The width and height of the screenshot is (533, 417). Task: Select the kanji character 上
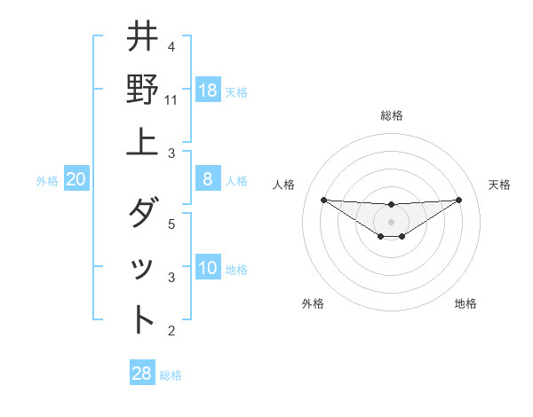(143, 142)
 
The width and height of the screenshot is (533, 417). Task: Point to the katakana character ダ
(143, 213)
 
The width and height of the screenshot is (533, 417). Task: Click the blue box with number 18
(208, 90)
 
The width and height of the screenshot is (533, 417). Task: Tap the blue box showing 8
(208, 179)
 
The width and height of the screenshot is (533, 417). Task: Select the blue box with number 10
(208, 268)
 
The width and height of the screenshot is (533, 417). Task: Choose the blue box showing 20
(76, 179)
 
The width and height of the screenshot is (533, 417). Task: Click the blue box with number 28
(142, 373)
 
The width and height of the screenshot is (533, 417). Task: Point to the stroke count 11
(171, 100)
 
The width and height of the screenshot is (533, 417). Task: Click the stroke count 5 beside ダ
(171, 224)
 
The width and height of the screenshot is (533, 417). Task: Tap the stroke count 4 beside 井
(171, 47)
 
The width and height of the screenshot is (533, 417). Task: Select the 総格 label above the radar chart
(391, 116)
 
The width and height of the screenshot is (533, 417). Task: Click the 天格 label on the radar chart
(500, 185)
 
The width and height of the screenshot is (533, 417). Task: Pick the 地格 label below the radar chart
(465, 303)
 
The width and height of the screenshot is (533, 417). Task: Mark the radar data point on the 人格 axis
(323, 200)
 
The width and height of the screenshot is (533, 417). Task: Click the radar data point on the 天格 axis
(458, 200)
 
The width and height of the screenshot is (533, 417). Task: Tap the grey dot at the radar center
(391, 221)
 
